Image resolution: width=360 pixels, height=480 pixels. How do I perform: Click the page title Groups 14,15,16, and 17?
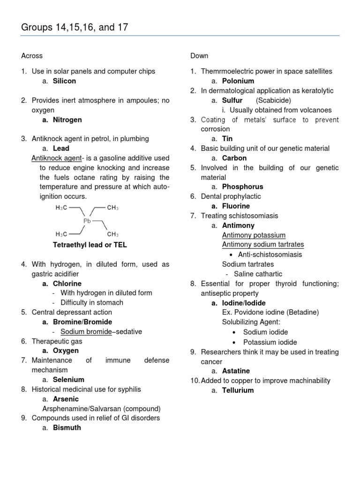[75, 28]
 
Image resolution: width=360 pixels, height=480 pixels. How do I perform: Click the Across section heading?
[32, 56]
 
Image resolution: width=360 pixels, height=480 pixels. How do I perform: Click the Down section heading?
[199, 56]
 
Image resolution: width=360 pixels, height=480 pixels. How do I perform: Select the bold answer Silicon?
[64, 81]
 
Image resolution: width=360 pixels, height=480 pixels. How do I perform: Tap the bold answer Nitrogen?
[67, 120]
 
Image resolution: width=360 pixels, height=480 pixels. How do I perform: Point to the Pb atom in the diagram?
[87, 221]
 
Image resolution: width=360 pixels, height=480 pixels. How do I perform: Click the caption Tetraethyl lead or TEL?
[90, 245]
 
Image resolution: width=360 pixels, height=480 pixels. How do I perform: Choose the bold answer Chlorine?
[67, 284]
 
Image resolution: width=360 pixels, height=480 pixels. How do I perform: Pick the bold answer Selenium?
[68, 380]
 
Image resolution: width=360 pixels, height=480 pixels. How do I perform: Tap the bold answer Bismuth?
[67, 427]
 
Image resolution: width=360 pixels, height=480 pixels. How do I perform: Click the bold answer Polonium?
[238, 81]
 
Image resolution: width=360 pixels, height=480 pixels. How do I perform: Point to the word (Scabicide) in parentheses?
[274, 100]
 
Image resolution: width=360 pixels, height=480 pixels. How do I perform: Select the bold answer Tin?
[227, 139]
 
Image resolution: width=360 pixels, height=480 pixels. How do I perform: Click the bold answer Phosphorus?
[242, 187]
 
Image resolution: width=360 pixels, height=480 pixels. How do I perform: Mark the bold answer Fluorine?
[236, 206]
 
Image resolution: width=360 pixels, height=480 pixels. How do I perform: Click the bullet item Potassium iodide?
[270, 342]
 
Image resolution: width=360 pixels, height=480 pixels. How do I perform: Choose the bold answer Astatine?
[236, 371]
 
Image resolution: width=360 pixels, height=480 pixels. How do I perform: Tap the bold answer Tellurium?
[238, 390]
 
